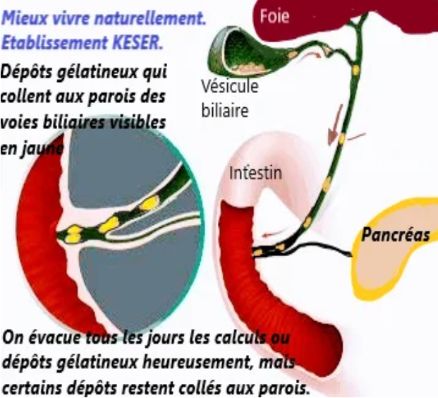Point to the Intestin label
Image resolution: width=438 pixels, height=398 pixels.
[x=255, y=172]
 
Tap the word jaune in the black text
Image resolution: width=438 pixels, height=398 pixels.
[x=42, y=148]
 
